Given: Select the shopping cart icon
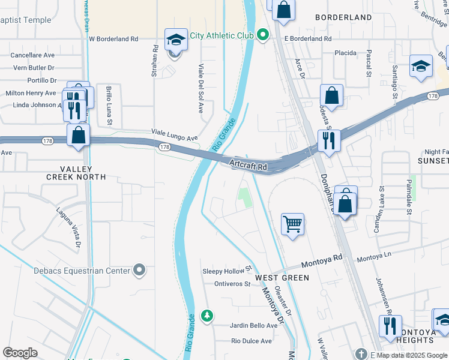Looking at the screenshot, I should [292, 224].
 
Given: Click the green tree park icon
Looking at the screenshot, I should [207, 316].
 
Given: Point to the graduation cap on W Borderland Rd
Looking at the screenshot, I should [175, 40].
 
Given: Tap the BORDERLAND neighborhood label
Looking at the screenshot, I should [343, 17].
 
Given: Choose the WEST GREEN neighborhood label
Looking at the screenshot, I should [282, 278].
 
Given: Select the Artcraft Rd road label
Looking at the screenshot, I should [247, 163].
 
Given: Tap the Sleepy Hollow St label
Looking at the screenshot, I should [226, 271].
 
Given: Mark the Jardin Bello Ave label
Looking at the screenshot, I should [254, 325].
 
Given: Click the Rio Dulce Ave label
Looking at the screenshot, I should [252, 341].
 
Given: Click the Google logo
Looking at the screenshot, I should [20, 353].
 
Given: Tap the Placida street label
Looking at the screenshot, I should [346, 53].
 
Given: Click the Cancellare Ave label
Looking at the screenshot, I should [32, 55].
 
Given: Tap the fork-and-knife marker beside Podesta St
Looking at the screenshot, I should [328, 140].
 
